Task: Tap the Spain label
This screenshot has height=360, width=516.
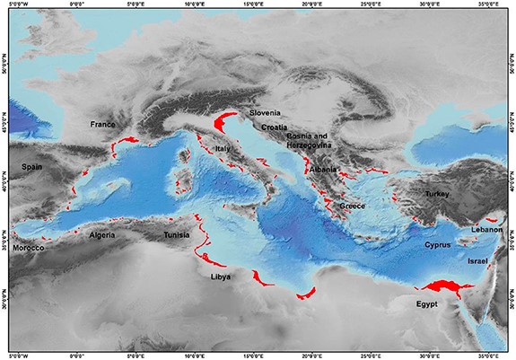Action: click(32, 167)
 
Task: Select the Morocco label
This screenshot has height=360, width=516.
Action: click(29, 247)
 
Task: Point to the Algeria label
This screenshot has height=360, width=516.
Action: click(103, 235)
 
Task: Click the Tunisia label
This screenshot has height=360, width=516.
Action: click(176, 235)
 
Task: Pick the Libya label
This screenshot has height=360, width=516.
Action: click(221, 277)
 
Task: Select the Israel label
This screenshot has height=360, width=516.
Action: click(477, 260)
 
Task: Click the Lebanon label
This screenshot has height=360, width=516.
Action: click(485, 230)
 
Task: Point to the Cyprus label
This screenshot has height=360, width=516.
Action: click(437, 244)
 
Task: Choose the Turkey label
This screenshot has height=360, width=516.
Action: click(438, 194)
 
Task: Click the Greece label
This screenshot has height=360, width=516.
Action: click(352, 206)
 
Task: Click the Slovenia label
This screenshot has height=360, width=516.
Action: click(266, 113)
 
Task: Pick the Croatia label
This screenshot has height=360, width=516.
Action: click(275, 127)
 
